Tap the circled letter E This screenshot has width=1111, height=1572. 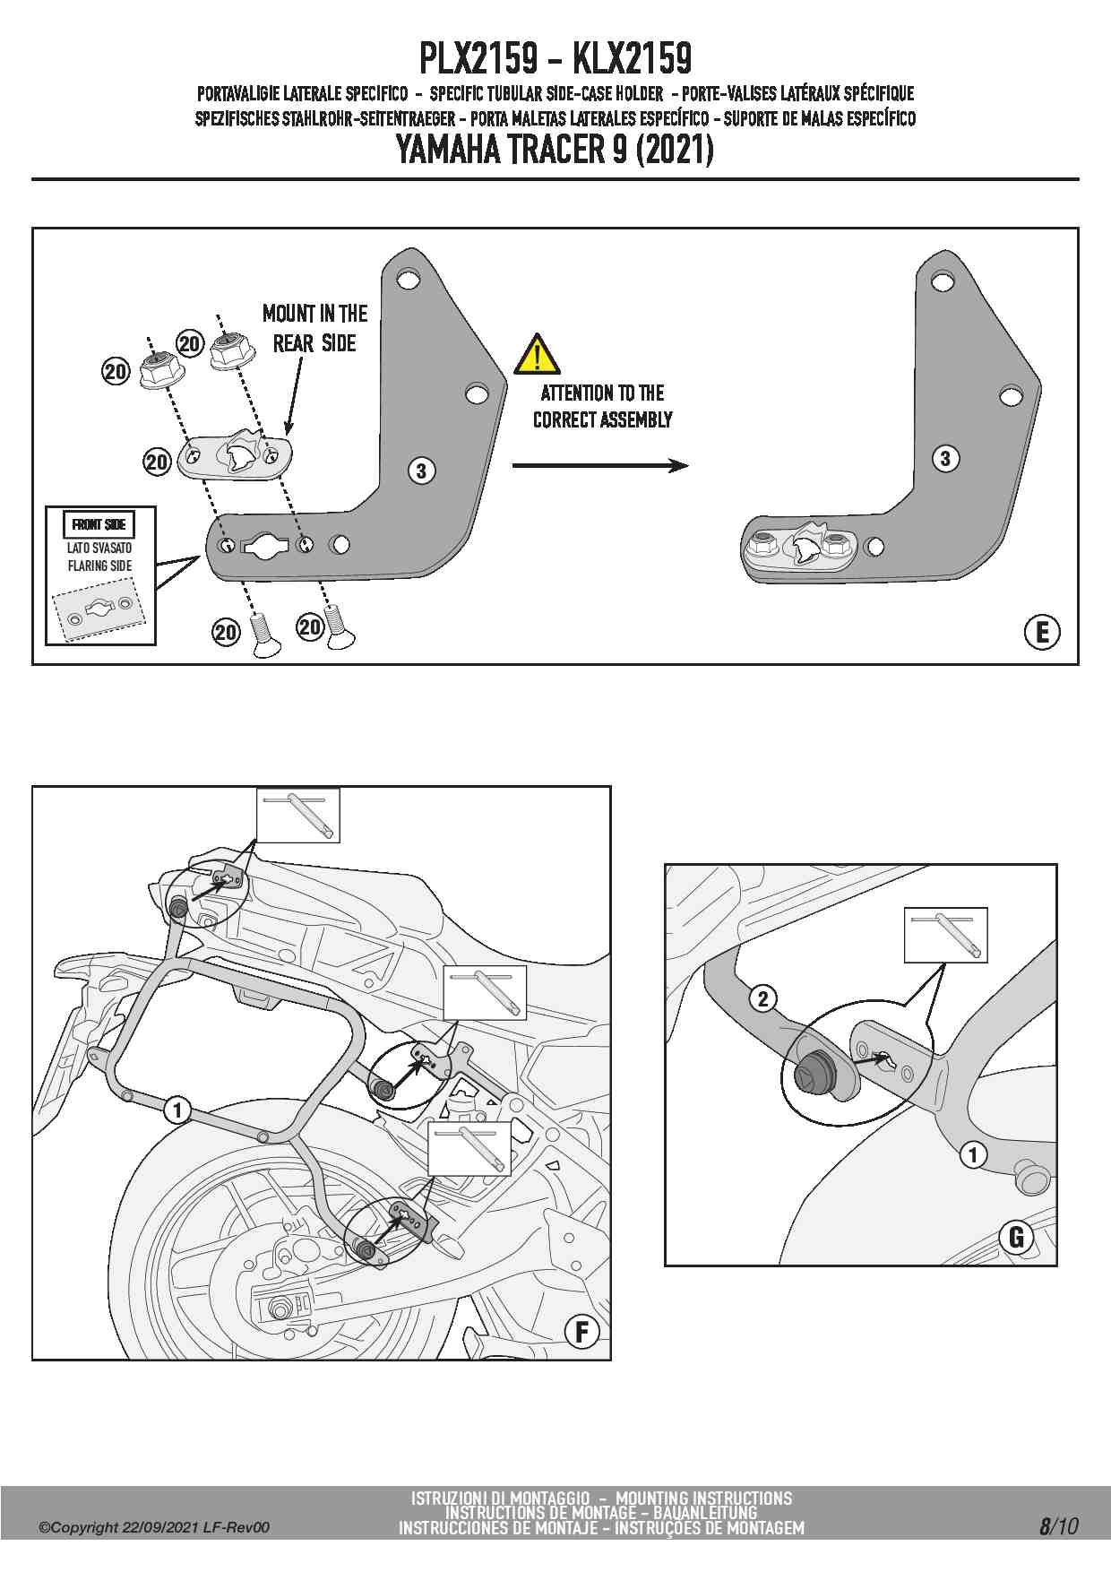point(1041,633)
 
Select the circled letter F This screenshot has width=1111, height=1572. point(581,1333)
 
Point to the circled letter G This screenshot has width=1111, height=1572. point(1016,1238)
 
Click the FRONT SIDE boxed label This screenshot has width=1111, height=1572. point(99,524)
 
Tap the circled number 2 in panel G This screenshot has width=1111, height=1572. point(762,998)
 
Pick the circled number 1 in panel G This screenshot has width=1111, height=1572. point(973,1154)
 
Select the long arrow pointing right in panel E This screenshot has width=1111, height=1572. point(600,465)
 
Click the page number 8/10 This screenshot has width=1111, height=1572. point(1058,1526)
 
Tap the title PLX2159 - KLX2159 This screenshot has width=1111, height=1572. point(555,59)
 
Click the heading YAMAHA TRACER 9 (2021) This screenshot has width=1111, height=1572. point(555,150)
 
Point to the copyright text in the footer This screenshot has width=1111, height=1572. point(153,1527)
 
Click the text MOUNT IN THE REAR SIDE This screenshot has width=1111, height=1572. point(314,328)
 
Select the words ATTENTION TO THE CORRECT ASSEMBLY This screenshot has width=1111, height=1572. point(602,406)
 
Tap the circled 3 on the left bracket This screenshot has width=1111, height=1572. point(421,470)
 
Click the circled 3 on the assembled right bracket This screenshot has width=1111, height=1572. point(945,459)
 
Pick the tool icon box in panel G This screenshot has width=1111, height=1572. point(945,935)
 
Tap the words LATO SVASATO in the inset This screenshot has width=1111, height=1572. point(99,548)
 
